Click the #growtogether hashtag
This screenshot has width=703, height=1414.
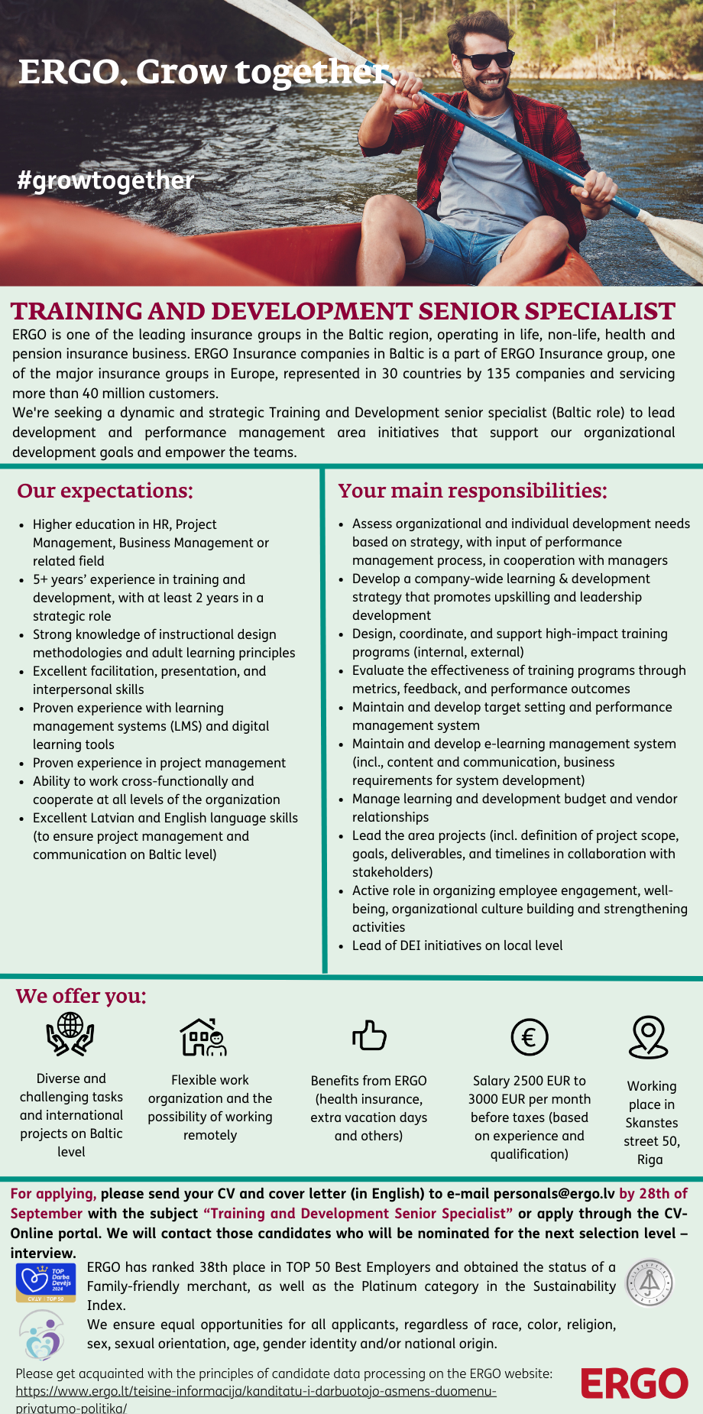coord(105,180)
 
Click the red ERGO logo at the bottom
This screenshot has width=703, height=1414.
coord(634,1383)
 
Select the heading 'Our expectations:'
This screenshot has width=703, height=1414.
coord(105,491)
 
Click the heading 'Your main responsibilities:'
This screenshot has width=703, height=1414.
coord(472,491)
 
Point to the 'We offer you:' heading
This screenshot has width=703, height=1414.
coord(81,996)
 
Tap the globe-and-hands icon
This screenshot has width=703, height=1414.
coord(70,1034)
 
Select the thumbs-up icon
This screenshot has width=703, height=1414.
coord(369,1036)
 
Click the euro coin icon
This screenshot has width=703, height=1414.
coord(529,1037)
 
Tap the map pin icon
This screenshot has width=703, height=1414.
coord(649,1037)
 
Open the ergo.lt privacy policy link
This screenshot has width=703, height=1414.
coord(256,1391)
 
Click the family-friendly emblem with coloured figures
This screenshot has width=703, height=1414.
coord(42,1334)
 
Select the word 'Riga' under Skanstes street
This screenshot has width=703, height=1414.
coord(650,1159)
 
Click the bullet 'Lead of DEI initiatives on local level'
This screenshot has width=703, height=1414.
coord(457,945)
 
